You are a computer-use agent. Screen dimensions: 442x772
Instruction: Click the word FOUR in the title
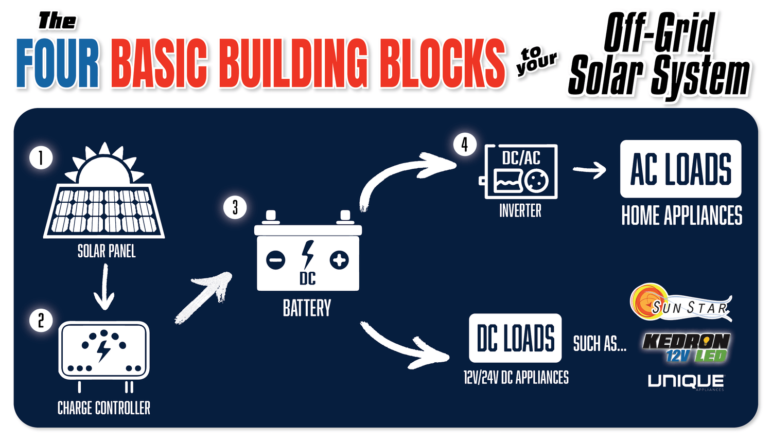click(x=58, y=63)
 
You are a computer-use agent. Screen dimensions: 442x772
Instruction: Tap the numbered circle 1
click(x=41, y=157)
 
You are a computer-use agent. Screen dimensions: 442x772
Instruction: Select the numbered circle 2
click(x=41, y=320)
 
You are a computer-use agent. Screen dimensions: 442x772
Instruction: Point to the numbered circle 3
click(x=235, y=207)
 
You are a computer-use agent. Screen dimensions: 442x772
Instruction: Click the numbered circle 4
click(x=465, y=145)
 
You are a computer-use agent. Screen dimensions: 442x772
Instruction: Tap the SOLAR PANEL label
click(x=107, y=251)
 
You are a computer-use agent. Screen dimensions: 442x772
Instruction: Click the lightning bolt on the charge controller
click(x=103, y=350)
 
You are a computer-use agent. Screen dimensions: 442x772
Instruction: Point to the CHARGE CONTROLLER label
click(x=104, y=408)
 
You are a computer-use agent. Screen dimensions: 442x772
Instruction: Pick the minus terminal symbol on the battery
click(x=276, y=259)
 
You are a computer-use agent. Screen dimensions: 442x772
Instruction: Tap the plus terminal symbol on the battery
click(x=339, y=260)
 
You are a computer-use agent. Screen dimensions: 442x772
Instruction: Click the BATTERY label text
click(x=307, y=308)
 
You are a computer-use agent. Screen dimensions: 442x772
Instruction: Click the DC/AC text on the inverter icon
click(x=521, y=157)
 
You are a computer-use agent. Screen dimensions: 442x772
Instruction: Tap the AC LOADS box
click(x=680, y=169)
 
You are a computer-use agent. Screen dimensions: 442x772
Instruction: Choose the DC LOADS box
click(x=515, y=338)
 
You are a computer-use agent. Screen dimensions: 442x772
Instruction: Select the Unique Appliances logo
click(x=686, y=381)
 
